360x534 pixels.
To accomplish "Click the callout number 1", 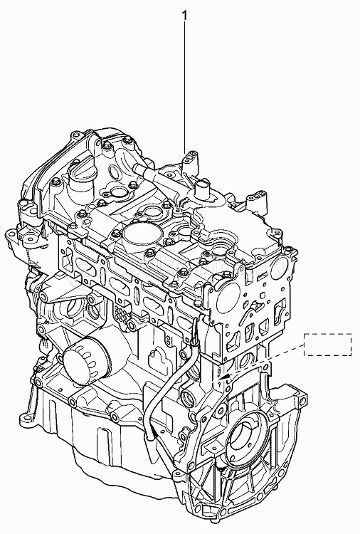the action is (x=185, y=15).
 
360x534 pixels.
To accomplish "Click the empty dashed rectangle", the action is (x=328, y=345).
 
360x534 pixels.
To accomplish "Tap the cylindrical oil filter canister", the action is (x=86, y=360).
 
